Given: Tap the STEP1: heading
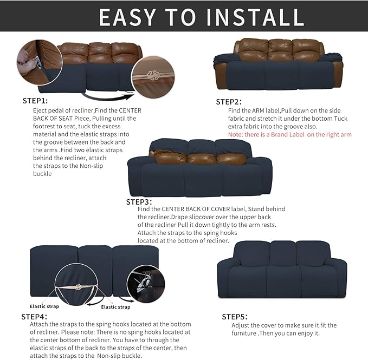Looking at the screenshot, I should click(x=35, y=101).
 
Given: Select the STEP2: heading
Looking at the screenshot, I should click(x=229, y=101).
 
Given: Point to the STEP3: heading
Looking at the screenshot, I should click(x=139, y=201).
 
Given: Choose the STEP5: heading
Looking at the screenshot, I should click(x=235, y=317).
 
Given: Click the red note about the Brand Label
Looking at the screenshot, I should click(x=290, y=134).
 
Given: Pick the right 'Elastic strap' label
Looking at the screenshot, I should click(x=116, y=307).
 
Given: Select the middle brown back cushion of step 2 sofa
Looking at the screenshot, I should click(x=281, y=50).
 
